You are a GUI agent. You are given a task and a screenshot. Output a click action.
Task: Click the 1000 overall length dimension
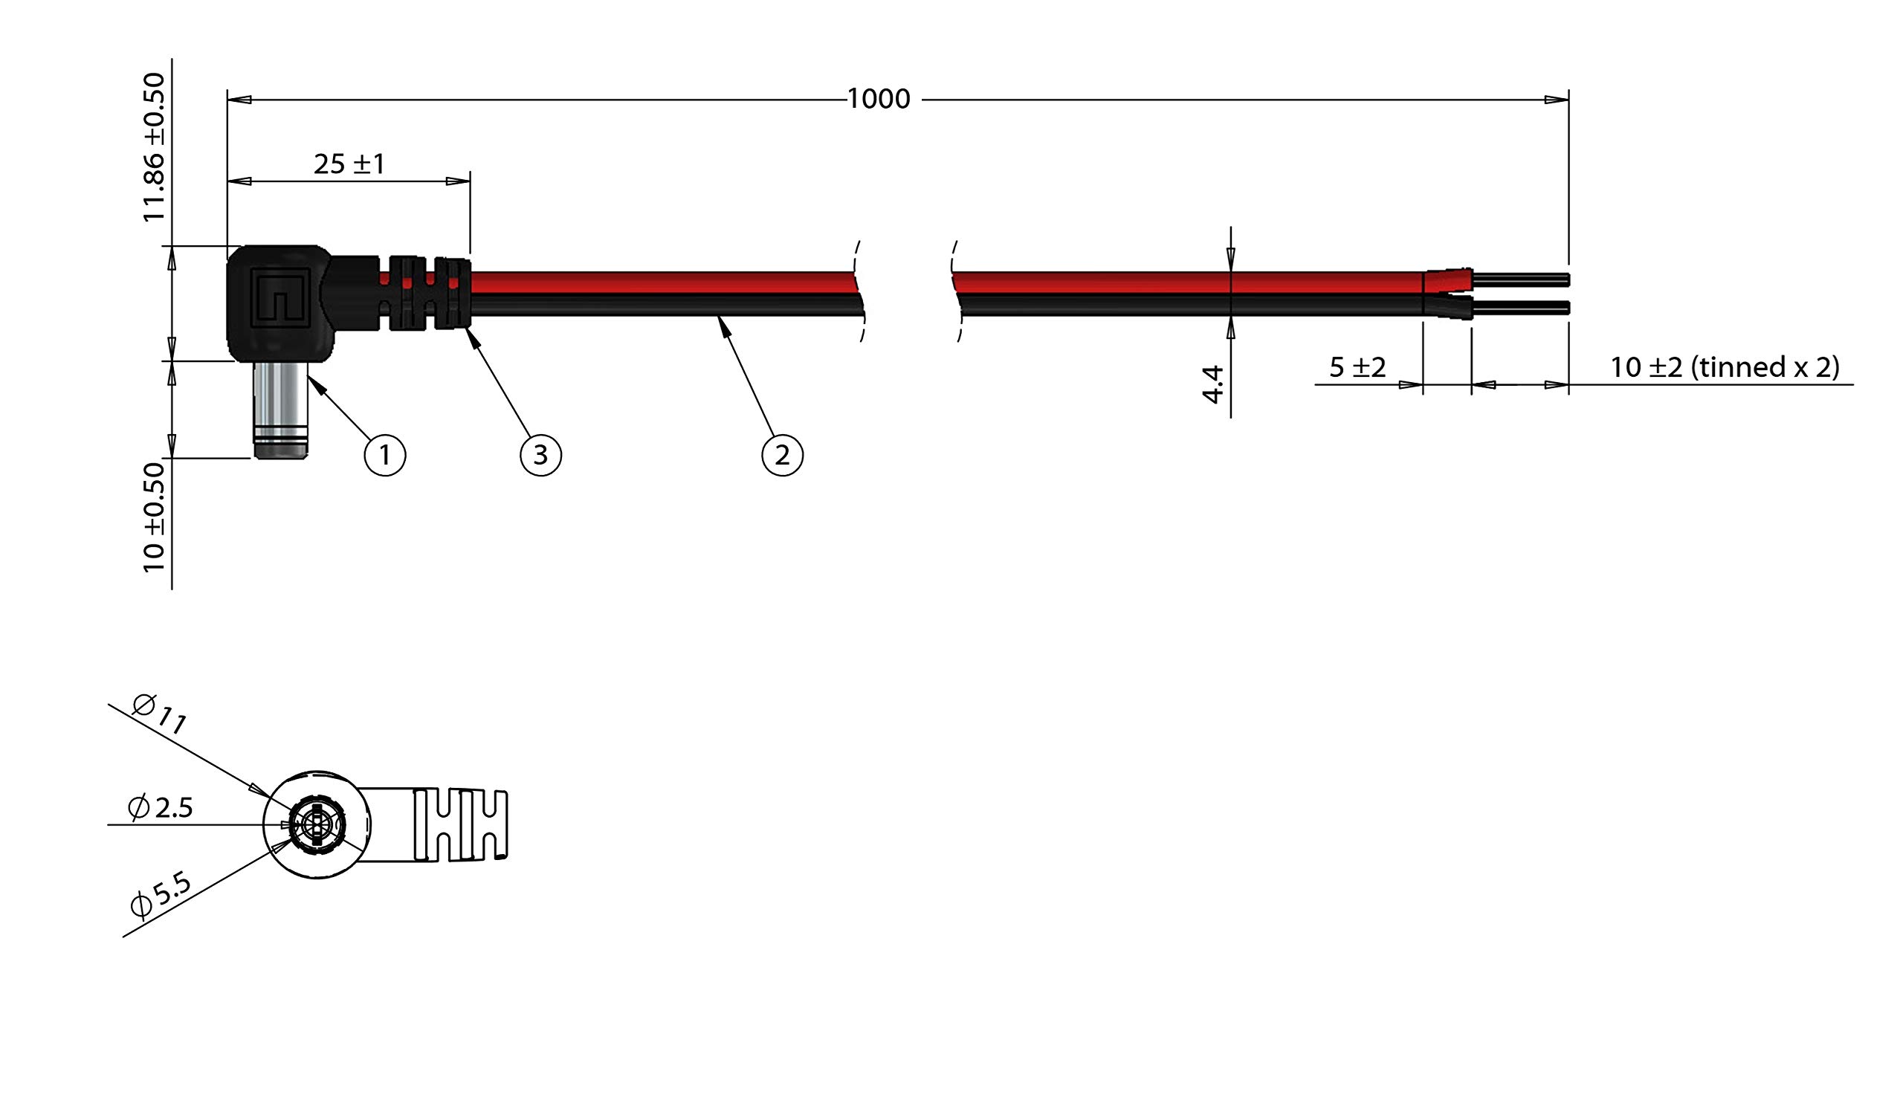pos(878,99)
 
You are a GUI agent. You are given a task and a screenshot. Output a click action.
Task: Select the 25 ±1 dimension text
pos(349,164)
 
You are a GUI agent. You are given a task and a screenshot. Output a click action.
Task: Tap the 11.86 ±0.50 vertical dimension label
pos(154,146)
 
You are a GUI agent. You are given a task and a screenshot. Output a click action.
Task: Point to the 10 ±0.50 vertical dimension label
pos(154,518)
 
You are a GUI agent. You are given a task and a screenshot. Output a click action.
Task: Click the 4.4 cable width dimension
pos(1212,384)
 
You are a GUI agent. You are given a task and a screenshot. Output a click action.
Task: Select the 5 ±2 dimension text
pos(1357,368)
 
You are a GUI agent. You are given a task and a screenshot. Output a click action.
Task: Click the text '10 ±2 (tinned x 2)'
pos(1725,367)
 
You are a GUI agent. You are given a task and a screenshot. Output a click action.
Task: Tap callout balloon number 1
pos(385,455)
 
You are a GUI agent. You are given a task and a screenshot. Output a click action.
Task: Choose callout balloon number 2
pos(781,455)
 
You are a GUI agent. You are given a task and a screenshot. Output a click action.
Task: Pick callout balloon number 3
pos(540,455)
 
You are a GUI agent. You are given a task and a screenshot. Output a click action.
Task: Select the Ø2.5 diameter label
pos(161,808)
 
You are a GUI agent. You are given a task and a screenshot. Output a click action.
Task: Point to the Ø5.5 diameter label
pos(161,895)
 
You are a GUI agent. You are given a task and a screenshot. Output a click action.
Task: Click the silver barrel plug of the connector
pos(280,404)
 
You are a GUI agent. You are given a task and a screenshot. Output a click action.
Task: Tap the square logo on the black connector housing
pos(280,297)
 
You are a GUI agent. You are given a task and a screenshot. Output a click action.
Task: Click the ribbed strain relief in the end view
pos(461,825)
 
